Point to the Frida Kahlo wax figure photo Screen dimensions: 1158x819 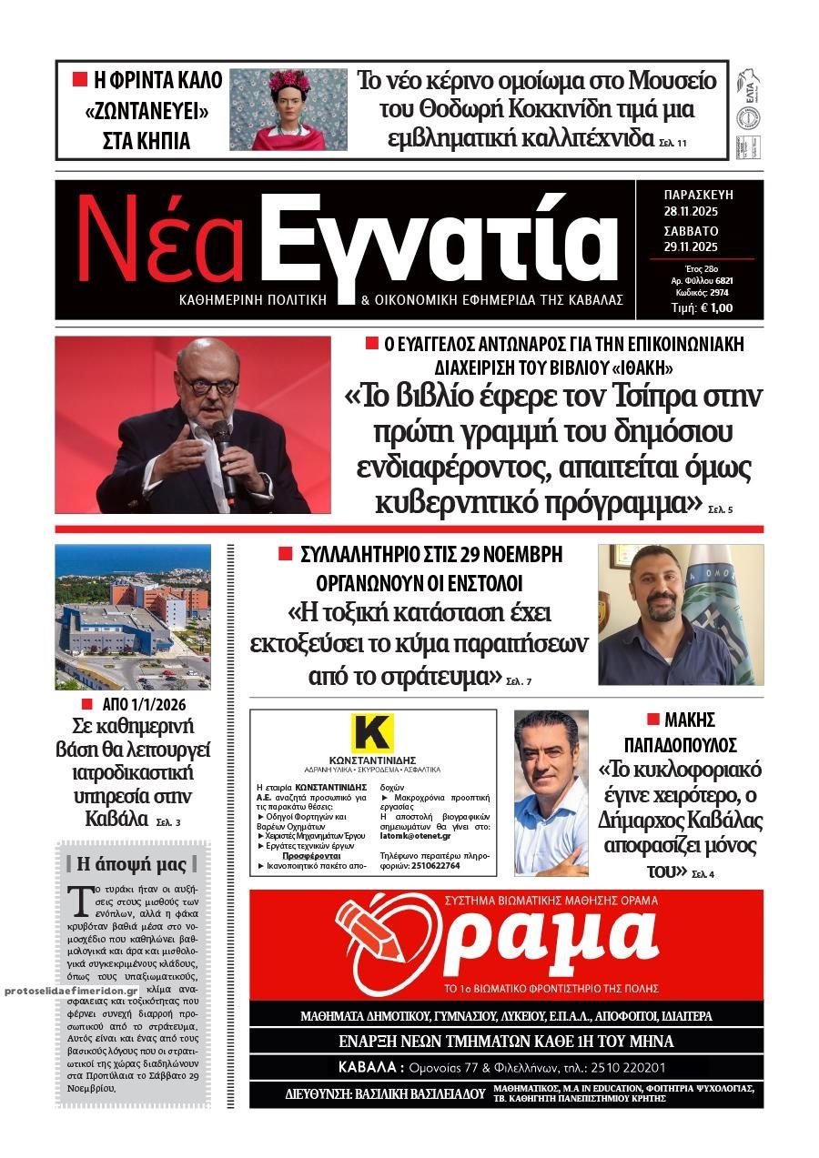(x=288, y=109)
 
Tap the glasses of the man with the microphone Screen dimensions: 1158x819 (x=208, y=384)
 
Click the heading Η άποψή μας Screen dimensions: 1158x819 (x=132, y=864)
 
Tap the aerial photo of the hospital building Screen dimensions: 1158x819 (x=133, y=617)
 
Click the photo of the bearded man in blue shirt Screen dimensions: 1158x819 (x=680, y=615)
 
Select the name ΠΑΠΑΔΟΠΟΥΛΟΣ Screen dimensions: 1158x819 (x=693, y=745)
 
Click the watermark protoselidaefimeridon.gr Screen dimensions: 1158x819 (x=71, y=990)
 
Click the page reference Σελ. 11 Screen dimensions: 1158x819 (x=675, y=143)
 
